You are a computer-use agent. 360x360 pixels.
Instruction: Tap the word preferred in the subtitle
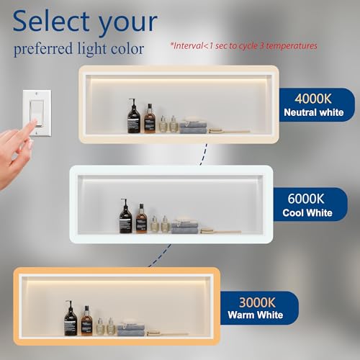point(43,49)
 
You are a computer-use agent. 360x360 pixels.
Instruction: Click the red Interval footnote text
point(243,45)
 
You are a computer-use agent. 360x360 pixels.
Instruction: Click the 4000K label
point(313,99)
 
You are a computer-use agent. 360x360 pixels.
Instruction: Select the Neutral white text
point(314,112)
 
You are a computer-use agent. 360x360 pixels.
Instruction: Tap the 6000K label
point(306,199)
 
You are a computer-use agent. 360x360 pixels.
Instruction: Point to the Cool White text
point(307,212)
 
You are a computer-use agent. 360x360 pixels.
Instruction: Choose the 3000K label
point(257,302)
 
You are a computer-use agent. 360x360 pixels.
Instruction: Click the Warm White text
point(256,315)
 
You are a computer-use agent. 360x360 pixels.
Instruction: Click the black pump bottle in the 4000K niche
point(134,116)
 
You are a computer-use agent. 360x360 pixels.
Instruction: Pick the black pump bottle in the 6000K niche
point(126,216)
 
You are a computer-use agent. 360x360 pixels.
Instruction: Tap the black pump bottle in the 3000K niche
point(71,318)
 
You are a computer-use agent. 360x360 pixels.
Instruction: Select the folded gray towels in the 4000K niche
point(193,126)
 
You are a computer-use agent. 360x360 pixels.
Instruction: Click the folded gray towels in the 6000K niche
point(184,226)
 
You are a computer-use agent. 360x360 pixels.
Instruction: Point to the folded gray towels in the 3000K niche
point(131,328)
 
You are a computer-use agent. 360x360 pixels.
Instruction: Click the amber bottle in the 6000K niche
point(141,219)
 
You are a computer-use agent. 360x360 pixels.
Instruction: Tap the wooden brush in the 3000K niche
point(167,333)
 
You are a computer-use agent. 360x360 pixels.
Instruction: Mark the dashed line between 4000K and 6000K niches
point(204,155)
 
